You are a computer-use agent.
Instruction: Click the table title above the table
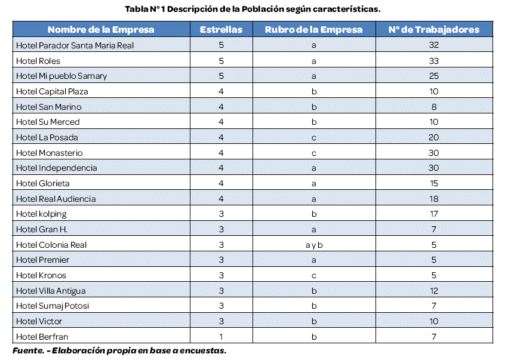click(252, 9)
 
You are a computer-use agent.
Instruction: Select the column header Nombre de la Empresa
click(101, 29)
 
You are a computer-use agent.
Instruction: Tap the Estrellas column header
click(221, 29)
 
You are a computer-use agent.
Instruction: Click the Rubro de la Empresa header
click(313, 29)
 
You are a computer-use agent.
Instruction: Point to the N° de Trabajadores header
click(433, 29)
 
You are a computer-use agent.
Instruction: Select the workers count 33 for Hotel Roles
click(433, 61)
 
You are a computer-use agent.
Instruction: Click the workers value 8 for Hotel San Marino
click(433, 107)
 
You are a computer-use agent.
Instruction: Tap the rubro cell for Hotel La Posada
click(313, 137)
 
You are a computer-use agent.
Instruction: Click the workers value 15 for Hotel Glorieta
click(433, 183)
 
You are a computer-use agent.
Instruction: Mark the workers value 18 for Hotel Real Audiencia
click(433, 199)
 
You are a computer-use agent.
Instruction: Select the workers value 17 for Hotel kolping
click(433, 214)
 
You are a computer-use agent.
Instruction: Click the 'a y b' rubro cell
click(313, 245)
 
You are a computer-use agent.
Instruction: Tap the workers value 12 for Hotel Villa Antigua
click(433, 291)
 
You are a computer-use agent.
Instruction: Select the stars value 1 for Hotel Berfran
click(221, 337)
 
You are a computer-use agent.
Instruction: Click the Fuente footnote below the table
click(119, 350)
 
